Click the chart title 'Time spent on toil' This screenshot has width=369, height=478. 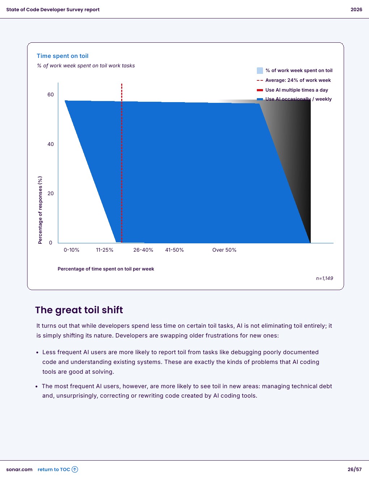coord(63,56)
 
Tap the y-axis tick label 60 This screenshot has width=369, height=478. coord(51,95)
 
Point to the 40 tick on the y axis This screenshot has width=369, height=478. coord(51,144)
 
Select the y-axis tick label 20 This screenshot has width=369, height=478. coord(51,193)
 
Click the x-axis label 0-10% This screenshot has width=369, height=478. coord(72,250)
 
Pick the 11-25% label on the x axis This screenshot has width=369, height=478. coord(105,250)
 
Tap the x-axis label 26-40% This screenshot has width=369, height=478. coord(143,250)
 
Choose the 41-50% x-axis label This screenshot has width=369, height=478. coord(174,250)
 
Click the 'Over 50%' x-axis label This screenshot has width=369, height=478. coord(224,250)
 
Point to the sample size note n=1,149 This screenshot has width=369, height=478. coord(325,278)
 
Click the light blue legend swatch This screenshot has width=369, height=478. coord(260,71)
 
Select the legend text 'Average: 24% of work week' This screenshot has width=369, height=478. coord(298,80)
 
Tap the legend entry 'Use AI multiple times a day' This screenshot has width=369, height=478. coord(297,90)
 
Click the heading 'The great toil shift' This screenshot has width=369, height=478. coord(79,310)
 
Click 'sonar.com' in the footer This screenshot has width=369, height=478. coord(19,469)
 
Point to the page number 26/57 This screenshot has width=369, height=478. coord(355,469)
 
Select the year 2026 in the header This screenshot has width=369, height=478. coord(356,9)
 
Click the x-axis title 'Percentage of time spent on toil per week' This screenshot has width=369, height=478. coord(106,269)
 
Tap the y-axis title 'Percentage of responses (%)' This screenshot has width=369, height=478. coord(40,210)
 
